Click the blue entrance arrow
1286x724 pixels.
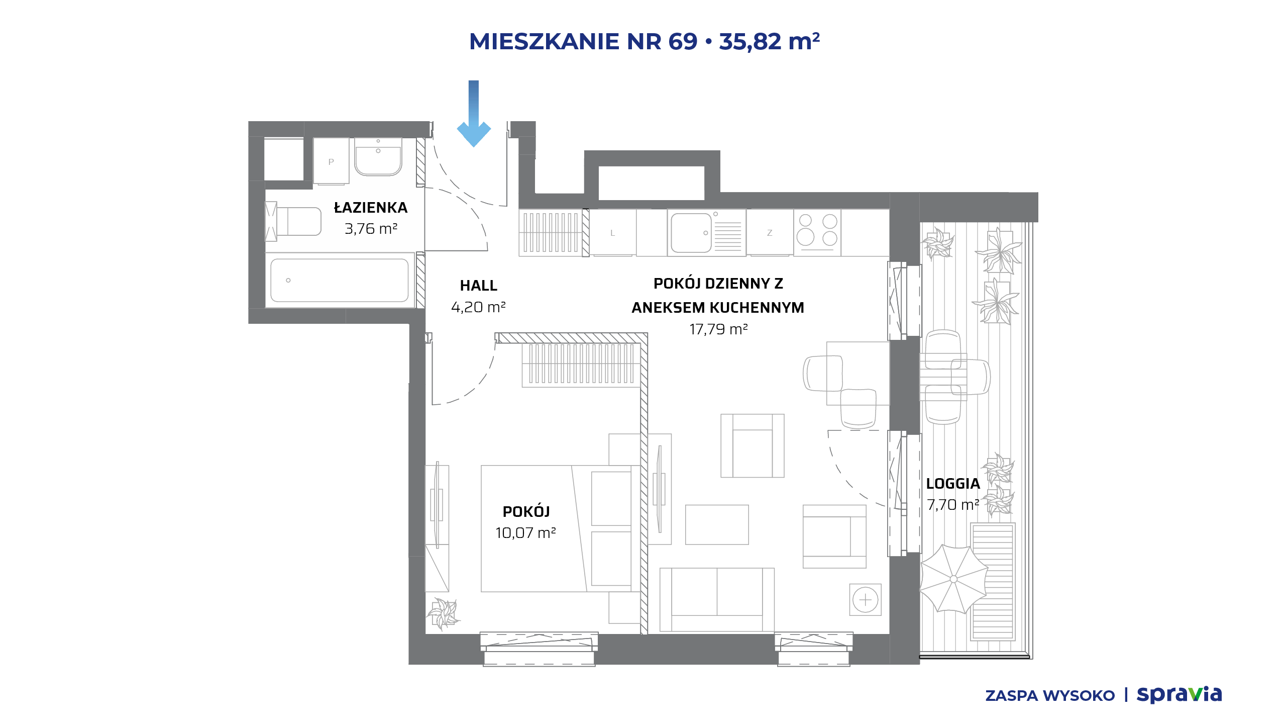point(474,114)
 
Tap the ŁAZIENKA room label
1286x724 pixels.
point(371,207)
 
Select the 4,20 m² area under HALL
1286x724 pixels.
point(478,307)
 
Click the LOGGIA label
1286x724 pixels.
point(953,484)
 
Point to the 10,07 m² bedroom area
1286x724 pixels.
point(525,533)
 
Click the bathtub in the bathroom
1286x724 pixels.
point(340,281)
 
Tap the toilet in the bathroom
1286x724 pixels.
point(293,222)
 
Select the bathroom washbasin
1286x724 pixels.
point(378,157)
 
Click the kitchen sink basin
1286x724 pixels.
point(691,233)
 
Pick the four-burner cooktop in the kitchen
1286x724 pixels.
point(817,233)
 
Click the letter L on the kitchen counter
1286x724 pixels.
point(612,233)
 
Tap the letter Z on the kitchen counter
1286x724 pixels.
point(770,233)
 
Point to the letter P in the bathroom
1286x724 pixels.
point(331,162)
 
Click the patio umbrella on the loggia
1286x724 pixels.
point(953,579)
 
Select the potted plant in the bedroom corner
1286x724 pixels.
point(443,613)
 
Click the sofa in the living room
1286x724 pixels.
point(717,599)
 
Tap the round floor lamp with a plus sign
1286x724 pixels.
point(866,600)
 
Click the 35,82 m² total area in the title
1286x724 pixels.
point(770,41)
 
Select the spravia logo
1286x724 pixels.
point(1179,695)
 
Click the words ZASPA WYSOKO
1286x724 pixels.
point(1050,696)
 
